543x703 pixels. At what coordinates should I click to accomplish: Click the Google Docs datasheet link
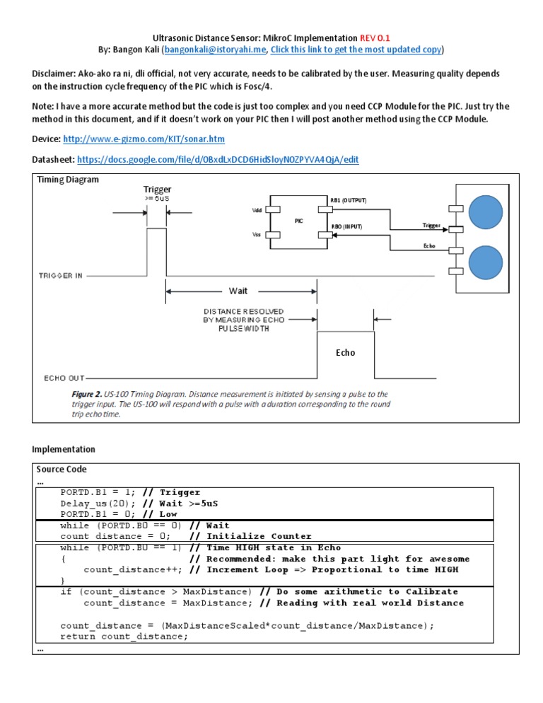click(x=217, y=160)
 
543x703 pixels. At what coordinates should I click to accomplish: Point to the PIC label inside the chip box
click(x=298, y=221)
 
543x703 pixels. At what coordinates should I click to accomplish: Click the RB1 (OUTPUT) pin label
click(x=349, y=201)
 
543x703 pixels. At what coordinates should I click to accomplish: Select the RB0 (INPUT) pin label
click(x=346, y=227)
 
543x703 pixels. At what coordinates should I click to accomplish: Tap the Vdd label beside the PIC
click(x=257, y=210)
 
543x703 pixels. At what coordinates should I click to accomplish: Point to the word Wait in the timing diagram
click(x=238, y=291)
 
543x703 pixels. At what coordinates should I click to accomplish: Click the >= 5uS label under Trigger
click(x=157, y=199)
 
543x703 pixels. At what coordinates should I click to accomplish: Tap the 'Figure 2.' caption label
click(x=86, y=393)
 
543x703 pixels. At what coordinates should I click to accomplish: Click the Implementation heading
click(x=64, y=449)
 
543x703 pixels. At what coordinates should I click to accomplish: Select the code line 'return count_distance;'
click(x=124, y=637)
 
